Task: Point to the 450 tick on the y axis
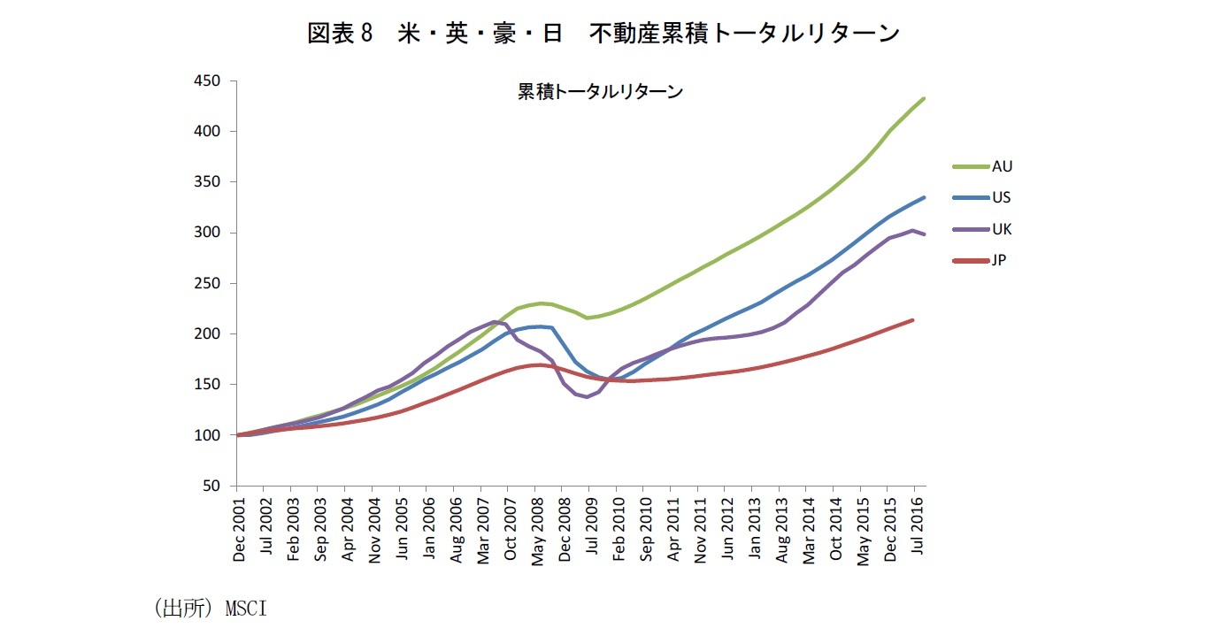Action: [x=216, y=80]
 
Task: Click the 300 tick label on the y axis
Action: [x=216, y=233]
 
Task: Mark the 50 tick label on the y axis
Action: [x=219, y=486]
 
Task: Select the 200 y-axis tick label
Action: [x=216, y=333]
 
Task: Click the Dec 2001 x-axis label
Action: [x=239, y=528]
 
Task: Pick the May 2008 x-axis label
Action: [x=537, y=527]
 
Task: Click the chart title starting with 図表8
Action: [x=603, y=34]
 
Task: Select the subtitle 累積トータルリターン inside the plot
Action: [x=600, y=92]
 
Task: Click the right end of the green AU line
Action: [x=924, y=98]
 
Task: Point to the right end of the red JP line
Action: [x=912, y=320]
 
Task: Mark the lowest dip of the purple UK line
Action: [x=587, y=396]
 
